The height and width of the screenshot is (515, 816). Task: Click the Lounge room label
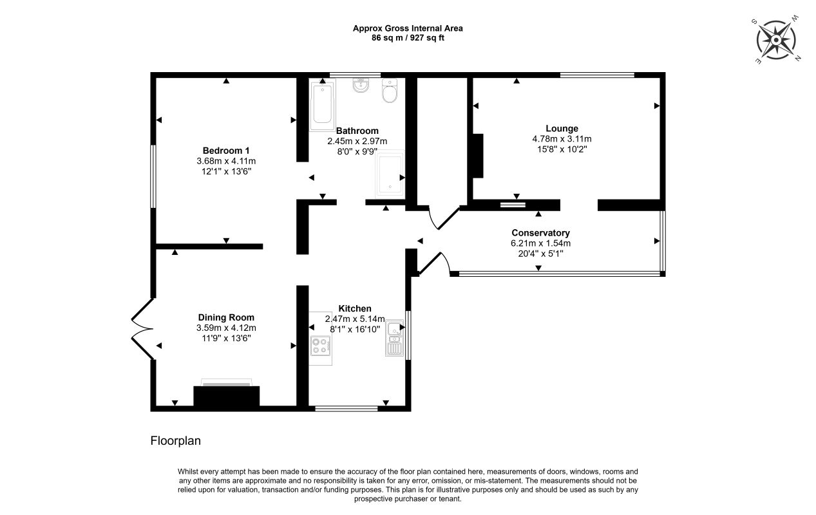point(562,129)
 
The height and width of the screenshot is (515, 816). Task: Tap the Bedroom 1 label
point(226,151)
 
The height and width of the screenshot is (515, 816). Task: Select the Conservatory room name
point(540,233)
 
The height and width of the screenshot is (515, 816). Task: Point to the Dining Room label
point(226,317)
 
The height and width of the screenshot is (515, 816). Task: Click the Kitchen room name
point(355,308)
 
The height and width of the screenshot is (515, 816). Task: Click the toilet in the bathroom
point(390,91)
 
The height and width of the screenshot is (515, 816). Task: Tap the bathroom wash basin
point(361,85)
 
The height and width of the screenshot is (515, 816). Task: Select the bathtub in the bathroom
point(323,104)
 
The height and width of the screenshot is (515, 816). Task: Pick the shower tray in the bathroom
point(390,174)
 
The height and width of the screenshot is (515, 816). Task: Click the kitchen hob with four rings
point(321,346)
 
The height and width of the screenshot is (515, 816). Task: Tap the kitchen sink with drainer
point(395,337)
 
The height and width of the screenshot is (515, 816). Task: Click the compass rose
point(776,40)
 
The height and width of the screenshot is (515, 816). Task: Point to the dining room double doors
point(142,329)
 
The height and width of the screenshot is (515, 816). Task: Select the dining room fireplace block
point(226,396)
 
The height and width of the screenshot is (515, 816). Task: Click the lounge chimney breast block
point(478,156)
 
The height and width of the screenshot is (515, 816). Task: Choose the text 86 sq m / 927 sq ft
point(408,38)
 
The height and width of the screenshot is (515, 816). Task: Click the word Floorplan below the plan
point(176,441)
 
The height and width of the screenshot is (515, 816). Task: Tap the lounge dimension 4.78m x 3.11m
point(562,139)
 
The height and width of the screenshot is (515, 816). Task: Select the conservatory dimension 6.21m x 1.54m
point(540,243)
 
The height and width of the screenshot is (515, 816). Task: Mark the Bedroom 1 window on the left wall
point(153,176)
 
